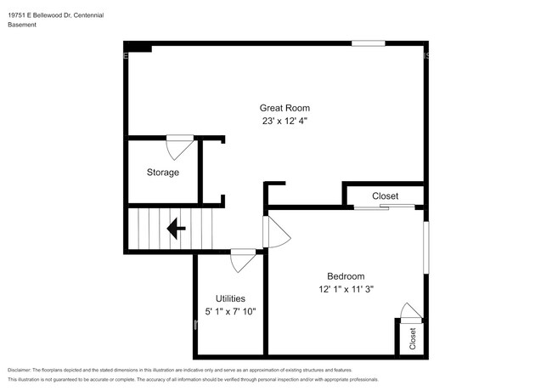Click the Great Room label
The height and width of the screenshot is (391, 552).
[284, 108]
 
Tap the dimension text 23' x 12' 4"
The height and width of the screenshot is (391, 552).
[284, 122]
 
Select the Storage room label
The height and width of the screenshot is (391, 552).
[162, 173]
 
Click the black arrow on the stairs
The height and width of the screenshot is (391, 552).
[177, 228]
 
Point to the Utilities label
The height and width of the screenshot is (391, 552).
[230, 298]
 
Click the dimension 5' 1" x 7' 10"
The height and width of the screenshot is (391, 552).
[230, 312]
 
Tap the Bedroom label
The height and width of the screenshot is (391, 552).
[346, 276]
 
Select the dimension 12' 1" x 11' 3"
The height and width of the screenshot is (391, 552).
[346, 290]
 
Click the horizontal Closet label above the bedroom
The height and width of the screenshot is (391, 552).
[385, 196]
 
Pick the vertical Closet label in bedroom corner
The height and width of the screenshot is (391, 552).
[413, 338]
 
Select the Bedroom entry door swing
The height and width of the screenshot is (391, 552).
[275, 231]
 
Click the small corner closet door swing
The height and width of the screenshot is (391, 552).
[409, 311]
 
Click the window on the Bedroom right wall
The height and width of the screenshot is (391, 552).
[425, 247]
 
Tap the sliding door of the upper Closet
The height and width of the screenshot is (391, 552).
[385, 207]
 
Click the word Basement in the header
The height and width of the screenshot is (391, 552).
[23, 25]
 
